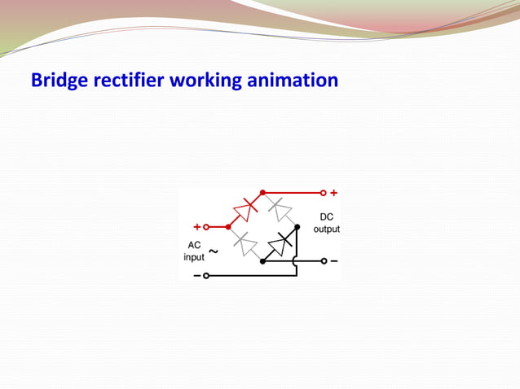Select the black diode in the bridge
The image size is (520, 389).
(280, 244)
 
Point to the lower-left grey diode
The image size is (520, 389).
(245, 244)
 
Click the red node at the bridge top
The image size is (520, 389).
(262, 193)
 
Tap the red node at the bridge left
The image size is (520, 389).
(228, 227)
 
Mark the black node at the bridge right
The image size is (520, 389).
(297, 227)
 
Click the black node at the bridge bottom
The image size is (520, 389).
(262, 261)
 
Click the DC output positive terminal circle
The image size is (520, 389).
(323, 194)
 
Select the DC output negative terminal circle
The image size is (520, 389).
(323, 261)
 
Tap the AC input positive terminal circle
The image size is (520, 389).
(205, 227)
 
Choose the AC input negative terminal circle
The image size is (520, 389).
(205, 276)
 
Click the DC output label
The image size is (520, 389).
(326, 223)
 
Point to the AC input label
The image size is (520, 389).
(194, 251)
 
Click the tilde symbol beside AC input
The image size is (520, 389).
(213, 251)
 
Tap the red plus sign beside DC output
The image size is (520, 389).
(333, 194)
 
